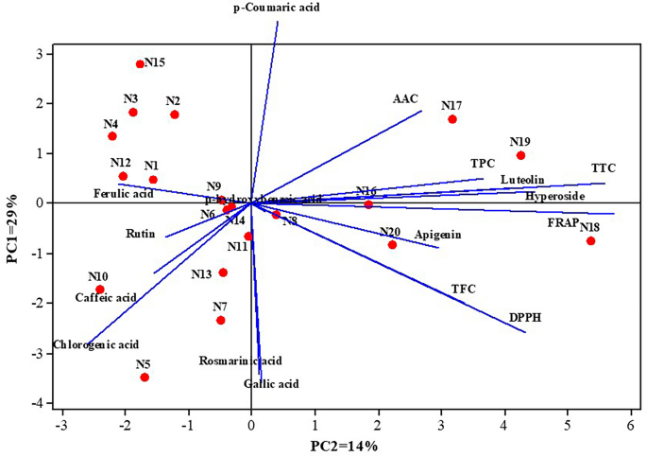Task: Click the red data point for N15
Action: pos(140,64)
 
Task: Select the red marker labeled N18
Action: pos(590,240)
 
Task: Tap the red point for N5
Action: pos(145,378)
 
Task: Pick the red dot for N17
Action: pos(452,119)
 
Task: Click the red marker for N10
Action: pos(100,290)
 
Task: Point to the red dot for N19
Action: pos(520,155)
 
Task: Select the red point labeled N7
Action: pos(221,320)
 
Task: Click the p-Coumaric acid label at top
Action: pos(277,8)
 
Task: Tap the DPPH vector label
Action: pos(526,318)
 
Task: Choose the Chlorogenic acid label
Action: pos(96,344)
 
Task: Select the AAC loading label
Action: pos(405,98)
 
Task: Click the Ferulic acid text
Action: pos(123,194)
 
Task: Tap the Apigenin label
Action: pos(437,234)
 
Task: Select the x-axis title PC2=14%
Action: pos(345,445)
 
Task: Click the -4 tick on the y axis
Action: pos(38,404)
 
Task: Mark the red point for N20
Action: pos(392,244)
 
